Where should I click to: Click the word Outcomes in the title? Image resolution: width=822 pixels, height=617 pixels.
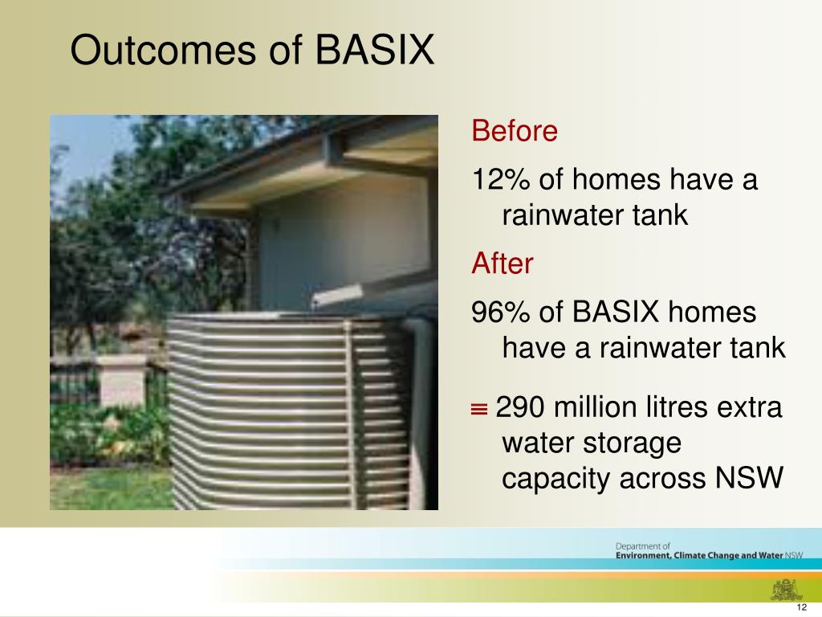(160, 51)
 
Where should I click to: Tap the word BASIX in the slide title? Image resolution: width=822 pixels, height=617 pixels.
(373, 51)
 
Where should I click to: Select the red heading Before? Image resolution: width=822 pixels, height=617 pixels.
(514, 131)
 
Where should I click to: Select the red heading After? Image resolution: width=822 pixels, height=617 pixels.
(502, 264)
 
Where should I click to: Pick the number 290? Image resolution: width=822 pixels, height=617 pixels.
(522, 408)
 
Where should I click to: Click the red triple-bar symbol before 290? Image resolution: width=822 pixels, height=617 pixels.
(479, 410)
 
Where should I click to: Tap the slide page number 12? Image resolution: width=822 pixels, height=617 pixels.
(800, 607)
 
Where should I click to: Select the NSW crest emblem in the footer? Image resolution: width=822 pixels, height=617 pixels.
(783, 589)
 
